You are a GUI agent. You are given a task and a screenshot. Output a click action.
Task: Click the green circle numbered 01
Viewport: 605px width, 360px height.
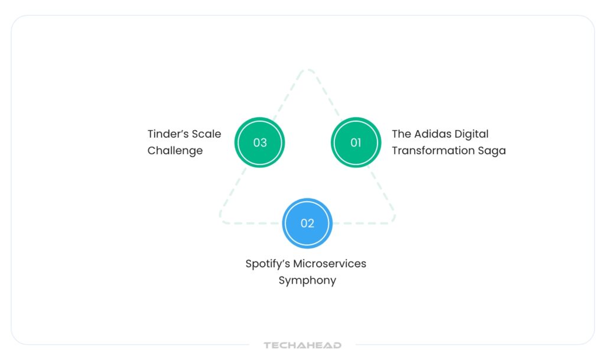tap(356, 142)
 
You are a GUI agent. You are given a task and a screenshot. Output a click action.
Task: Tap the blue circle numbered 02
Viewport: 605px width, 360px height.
tap(307, 223)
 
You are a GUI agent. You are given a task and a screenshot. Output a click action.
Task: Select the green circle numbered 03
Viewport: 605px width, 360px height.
tap(260, 142)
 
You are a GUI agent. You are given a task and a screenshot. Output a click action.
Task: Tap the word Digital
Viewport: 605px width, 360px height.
tap(471, 134)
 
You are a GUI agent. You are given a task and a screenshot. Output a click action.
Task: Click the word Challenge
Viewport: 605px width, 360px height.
tap(175, 151)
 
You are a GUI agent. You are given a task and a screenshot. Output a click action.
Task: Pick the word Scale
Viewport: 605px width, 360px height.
tap(206, 134)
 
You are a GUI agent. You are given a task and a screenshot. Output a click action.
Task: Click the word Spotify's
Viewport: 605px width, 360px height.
tap(268, 264)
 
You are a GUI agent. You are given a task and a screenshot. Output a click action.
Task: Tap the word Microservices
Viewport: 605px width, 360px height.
tap(330, 264)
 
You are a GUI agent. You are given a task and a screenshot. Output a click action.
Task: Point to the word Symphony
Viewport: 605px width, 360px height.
tap(307, 280)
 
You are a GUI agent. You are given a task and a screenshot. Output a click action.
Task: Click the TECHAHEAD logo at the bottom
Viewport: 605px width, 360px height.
tap(302, 345)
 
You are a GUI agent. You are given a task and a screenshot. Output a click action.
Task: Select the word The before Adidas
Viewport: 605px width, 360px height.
tap(401, 134)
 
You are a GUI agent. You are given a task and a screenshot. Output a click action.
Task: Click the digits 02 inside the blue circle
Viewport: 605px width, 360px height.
tap(307, 223)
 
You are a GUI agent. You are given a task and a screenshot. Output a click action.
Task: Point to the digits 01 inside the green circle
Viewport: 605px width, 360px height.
tap(356, 142)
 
